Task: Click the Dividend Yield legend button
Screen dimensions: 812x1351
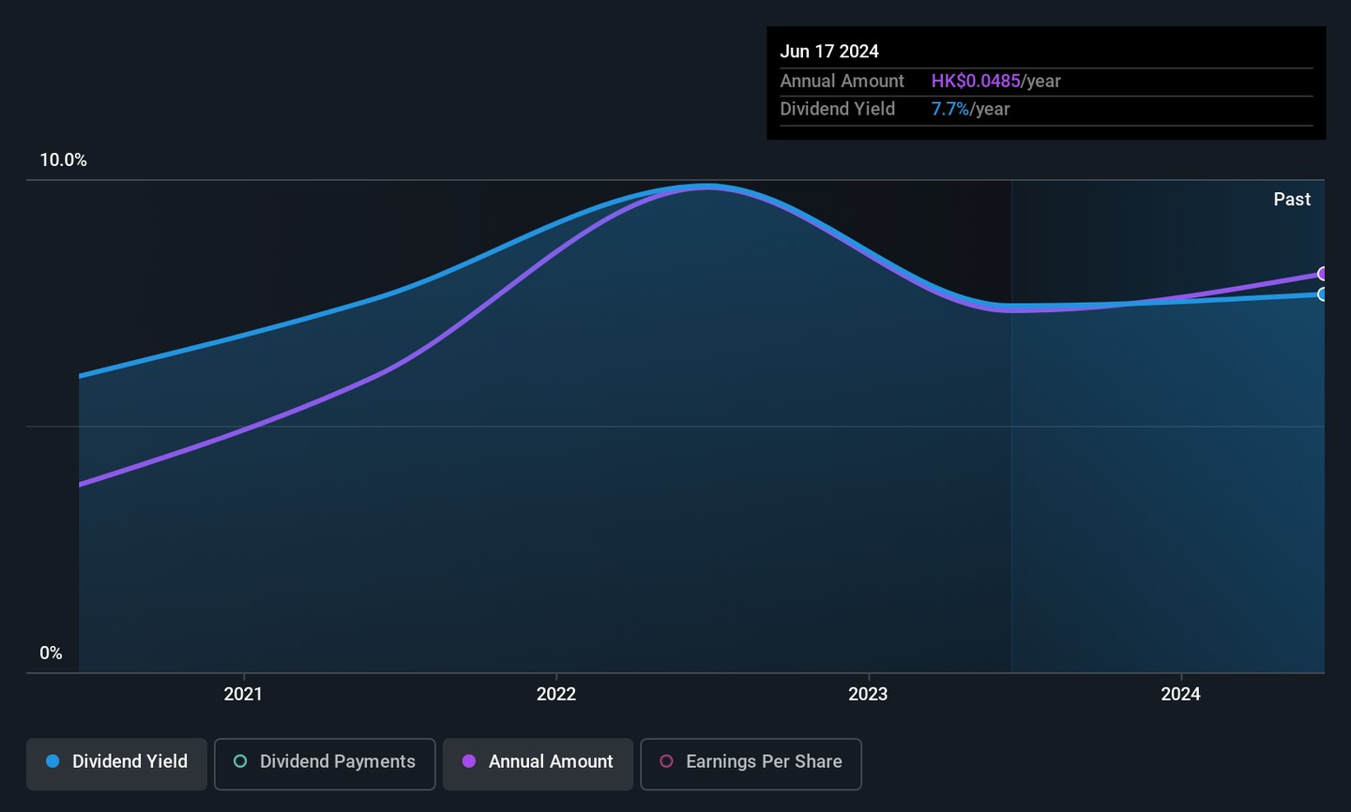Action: (x=116, y=762)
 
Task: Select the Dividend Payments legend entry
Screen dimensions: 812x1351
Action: (x=325, y=762)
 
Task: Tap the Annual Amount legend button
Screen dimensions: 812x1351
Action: (x=538, y=762)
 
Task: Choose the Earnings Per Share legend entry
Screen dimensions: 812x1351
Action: (x=751, y=762)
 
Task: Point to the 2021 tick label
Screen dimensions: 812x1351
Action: (x=243, y=694)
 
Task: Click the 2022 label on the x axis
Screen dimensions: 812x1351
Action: (x=555, y=694)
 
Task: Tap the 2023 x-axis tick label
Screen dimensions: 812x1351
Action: (x=868, y=694)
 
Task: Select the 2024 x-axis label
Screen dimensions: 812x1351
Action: (x=1180, y=694)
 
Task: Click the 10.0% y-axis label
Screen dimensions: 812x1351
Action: (x=63, y=160)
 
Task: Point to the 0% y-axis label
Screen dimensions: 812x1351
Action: (x=51, y=654)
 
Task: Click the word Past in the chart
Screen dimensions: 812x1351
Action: (x=1292, y=200)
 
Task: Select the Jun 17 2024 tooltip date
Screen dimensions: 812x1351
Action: (x=829, y=52)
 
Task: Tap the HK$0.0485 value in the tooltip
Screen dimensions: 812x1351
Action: (x=976, y=82)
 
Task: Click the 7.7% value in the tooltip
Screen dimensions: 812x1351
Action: (x=949, y=110)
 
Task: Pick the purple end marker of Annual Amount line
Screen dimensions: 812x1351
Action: (x=1323, y=274)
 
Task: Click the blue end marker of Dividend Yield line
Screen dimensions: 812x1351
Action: (x=1323, y=294)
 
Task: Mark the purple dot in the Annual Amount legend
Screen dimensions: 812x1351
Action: (x=469, y=761)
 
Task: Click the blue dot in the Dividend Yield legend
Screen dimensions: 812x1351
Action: (x=53, y=761)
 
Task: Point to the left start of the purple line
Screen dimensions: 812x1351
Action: (x=81, y=485)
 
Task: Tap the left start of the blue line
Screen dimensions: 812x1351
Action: (x=81, y=377)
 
